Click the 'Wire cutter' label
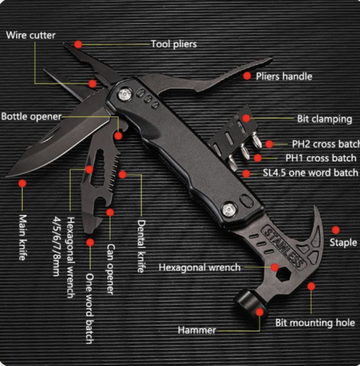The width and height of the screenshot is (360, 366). pyautogui.click(x=31, y=35)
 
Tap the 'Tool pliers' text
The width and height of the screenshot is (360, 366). pyautogui.click(x=174, y=44)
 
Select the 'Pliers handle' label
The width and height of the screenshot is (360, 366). pyautogui.click(x=284, y=76)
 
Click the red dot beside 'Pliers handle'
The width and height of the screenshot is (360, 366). pyautogui.click(x=247, y=76)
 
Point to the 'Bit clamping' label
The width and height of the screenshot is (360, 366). pyautogui.click(x=324, y=119)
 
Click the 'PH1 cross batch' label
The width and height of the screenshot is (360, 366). pyautogui.click(x=321, y=158)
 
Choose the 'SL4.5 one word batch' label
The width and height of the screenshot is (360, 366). pyautogui.click(x=310, y=173)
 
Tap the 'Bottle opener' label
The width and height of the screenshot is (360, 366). pyautogui.click(x=31, y=117)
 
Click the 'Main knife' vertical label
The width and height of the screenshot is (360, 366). pyautogui.click(x=22, y=237)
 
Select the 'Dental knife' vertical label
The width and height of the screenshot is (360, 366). pyautogui.click(x=141, y=246)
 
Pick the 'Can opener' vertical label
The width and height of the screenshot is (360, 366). pyautogui.click(x=110, y=269)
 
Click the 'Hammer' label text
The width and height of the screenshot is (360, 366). pyautogui.click(x=197, y=330)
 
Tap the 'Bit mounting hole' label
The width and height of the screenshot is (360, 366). pyautogui.click(x=315, y=322)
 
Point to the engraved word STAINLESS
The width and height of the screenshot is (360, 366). pyautogui.click(x=283, y=248)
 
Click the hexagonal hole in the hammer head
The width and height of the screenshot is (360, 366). pyautogui.click(x=284, y=274)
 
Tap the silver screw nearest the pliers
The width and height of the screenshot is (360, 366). pyautogui.click(x=125, y=94)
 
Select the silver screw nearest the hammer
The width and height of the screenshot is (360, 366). pyautogui.click(x=229, y=210)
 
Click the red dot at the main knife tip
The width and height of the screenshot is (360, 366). pyautogui.click(x=22, y=183)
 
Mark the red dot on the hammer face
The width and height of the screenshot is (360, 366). pyautogui.click(x=259, y=312)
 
